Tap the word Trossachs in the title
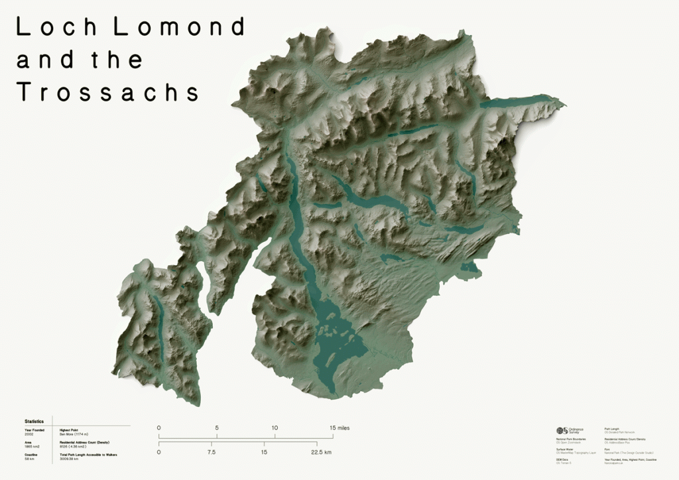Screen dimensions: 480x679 coord(108,92)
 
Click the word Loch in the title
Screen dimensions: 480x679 coord(57,27)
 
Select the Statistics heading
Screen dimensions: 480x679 coord(34,421)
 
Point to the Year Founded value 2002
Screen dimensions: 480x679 coord(29,434)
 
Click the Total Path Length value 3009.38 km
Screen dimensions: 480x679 coord(70,458)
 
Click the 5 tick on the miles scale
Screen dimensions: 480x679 coord(217,428)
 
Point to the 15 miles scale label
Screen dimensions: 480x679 coord(339,428)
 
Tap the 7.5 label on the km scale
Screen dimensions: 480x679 coord(212,452)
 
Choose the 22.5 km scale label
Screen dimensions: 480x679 coord(320,452)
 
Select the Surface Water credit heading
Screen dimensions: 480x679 coord(564,449)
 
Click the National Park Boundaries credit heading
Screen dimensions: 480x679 coord(571,439)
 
